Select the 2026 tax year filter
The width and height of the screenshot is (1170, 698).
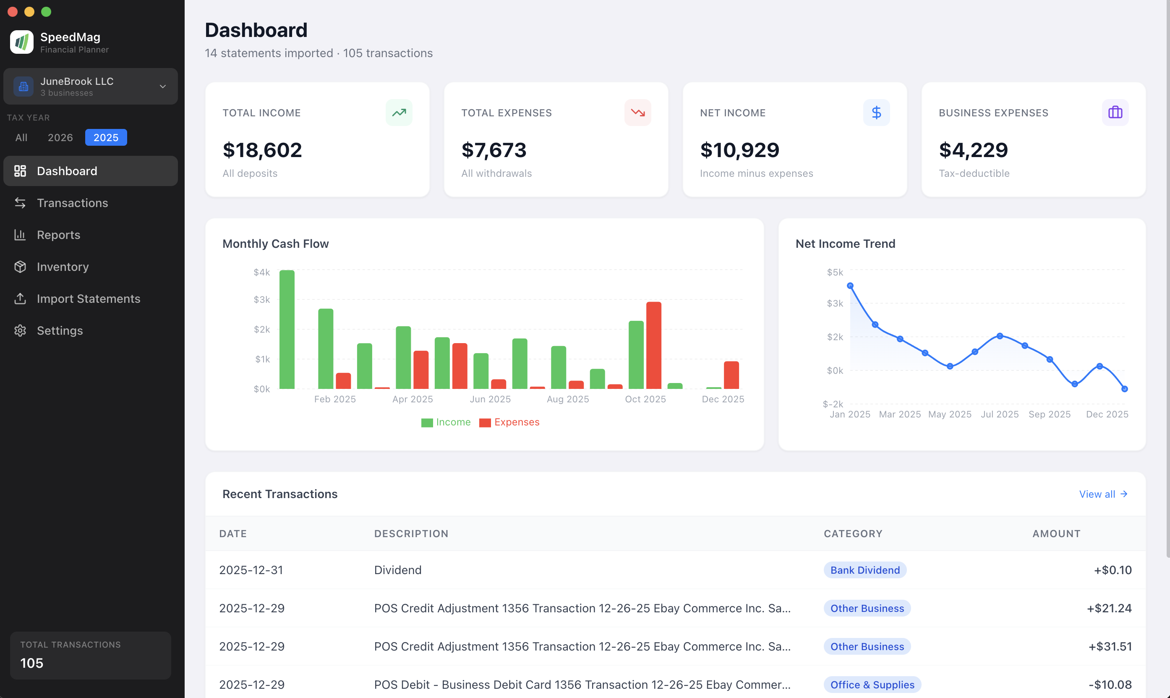pyautogui.click(x=60, y=137)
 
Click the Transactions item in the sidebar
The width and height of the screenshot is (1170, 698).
pyautogui.click(x=72, y=203)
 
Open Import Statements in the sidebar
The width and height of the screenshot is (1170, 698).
pyautogui.click(x=88, y=299)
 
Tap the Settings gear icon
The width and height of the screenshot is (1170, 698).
pyautogui.click(x=20, y=331)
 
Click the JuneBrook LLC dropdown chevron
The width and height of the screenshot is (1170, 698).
pyautogui.click(x=162, y=87)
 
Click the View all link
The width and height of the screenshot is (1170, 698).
pyautogui.click(x=1102, y=494)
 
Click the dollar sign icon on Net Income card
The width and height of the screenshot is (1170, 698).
pyautogui.click(x=876, y=113)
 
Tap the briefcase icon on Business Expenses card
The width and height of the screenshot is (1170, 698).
pyautogui.click(x=1115, y=113)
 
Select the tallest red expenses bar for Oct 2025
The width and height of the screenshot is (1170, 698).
pyautogui.click(x=653, y=345)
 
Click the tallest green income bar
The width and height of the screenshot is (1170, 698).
pyautogui.click(x=287, y=329)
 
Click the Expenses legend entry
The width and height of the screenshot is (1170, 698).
pyautogui.click(x=509, y=422)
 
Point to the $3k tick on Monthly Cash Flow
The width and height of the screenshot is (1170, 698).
pyautogui.click(x=262, y=299)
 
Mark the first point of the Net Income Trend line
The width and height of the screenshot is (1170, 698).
pyautogui.click(x=850, y=286)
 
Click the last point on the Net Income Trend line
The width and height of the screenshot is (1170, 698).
pyautogui.click(x=1124, y=389)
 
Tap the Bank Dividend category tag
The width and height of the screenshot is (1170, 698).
pyautogui.click(x=864, y=570)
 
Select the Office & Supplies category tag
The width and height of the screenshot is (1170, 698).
pyautogui.click(x=872, y=685)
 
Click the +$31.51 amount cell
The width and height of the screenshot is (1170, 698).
pyautogui.click(x=1110, y=646)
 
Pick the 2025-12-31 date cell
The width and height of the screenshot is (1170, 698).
pyautogui.click(x=251, y=570)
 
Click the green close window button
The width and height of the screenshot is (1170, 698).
pyautogui.click(x=46, y=12)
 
